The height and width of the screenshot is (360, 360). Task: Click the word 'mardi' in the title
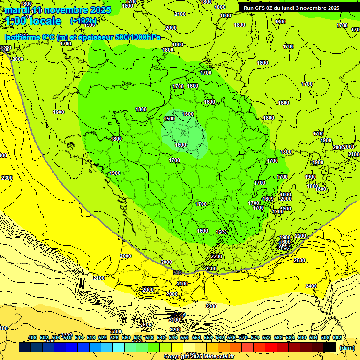click(17, 10)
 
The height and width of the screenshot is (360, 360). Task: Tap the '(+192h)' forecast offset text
click(83, 21)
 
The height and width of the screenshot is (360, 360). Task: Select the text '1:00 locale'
click(33, 21)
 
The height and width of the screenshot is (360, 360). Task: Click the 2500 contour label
click(299, 260)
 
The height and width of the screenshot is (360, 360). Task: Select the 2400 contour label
click(311, 286)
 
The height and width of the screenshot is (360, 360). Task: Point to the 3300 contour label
click(116, 331)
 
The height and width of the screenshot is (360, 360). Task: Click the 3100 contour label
click(174, 320)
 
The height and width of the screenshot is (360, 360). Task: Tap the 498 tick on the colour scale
click(32, 337)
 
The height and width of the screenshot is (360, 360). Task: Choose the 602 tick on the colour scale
click(337, 337)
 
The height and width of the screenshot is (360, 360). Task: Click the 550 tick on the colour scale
click(184, 337)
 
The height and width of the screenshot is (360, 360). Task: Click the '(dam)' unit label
click(347, 348)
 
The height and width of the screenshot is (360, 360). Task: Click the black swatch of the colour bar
click(330, 347)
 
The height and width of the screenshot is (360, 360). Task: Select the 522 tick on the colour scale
click(103, 337)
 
